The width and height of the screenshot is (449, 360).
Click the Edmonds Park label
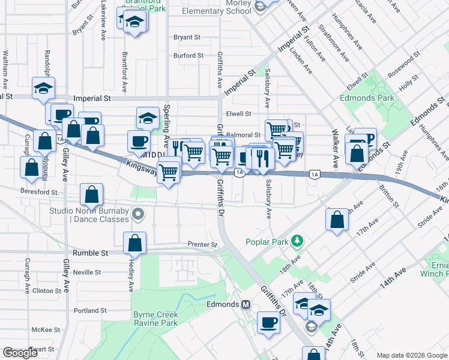[367, 98]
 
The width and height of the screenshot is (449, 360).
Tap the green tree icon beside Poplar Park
[295, 242]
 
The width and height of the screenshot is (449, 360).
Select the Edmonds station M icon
[246, 304]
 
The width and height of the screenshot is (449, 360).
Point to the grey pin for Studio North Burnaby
[139, 214]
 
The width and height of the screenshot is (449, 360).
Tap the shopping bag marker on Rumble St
[135, 244]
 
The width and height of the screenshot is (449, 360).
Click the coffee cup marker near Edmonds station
[268, 323]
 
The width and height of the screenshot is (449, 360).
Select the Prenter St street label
[202, 245]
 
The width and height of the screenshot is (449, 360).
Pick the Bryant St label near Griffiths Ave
[187, 37]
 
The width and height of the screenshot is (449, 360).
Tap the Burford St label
[188, 56]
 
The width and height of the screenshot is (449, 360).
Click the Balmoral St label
[243, 136]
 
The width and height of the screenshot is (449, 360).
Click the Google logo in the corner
[20, 352]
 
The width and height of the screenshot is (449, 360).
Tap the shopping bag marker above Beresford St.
[92, 194]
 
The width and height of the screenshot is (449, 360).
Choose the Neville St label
[87, 272]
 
